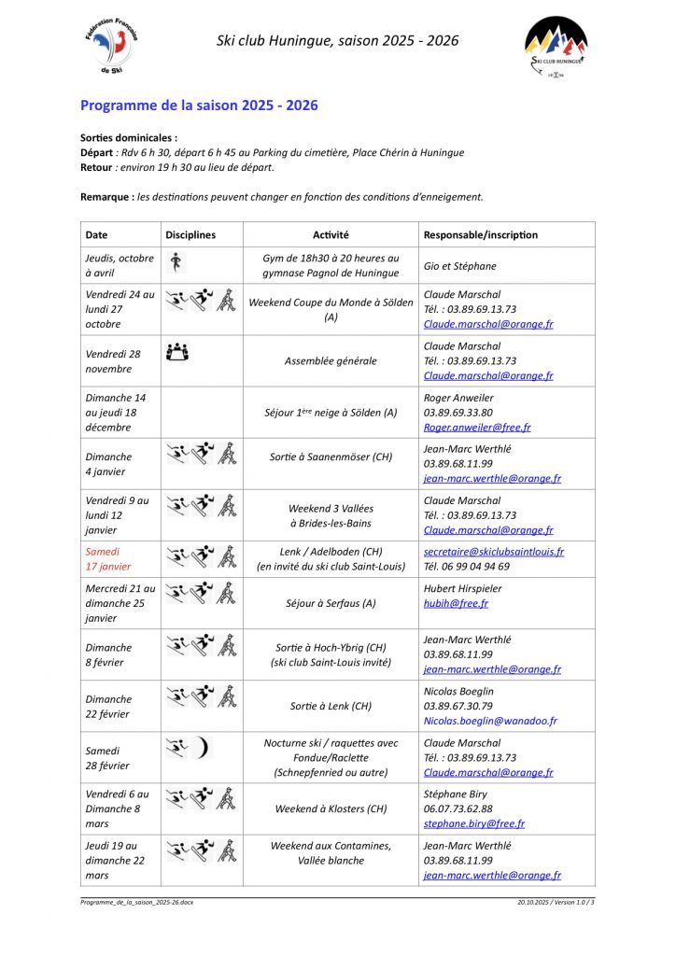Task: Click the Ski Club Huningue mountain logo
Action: pos(556,45)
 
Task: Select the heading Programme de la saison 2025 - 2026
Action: pos(199,105)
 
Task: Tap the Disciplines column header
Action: pos(190,235)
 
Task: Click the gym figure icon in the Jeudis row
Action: pos(175,262)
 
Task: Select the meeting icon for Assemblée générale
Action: pos(176,352)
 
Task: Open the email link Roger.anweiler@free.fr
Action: pos(477,428)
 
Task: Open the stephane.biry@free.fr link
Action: pos(474,824)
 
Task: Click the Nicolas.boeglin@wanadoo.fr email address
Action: pos(490,722)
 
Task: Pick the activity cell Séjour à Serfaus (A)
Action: pos(331,603)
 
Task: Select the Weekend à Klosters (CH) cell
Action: pos(331,809)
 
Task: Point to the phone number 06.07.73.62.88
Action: pos(458,809)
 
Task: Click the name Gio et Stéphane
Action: pos(460,266)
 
